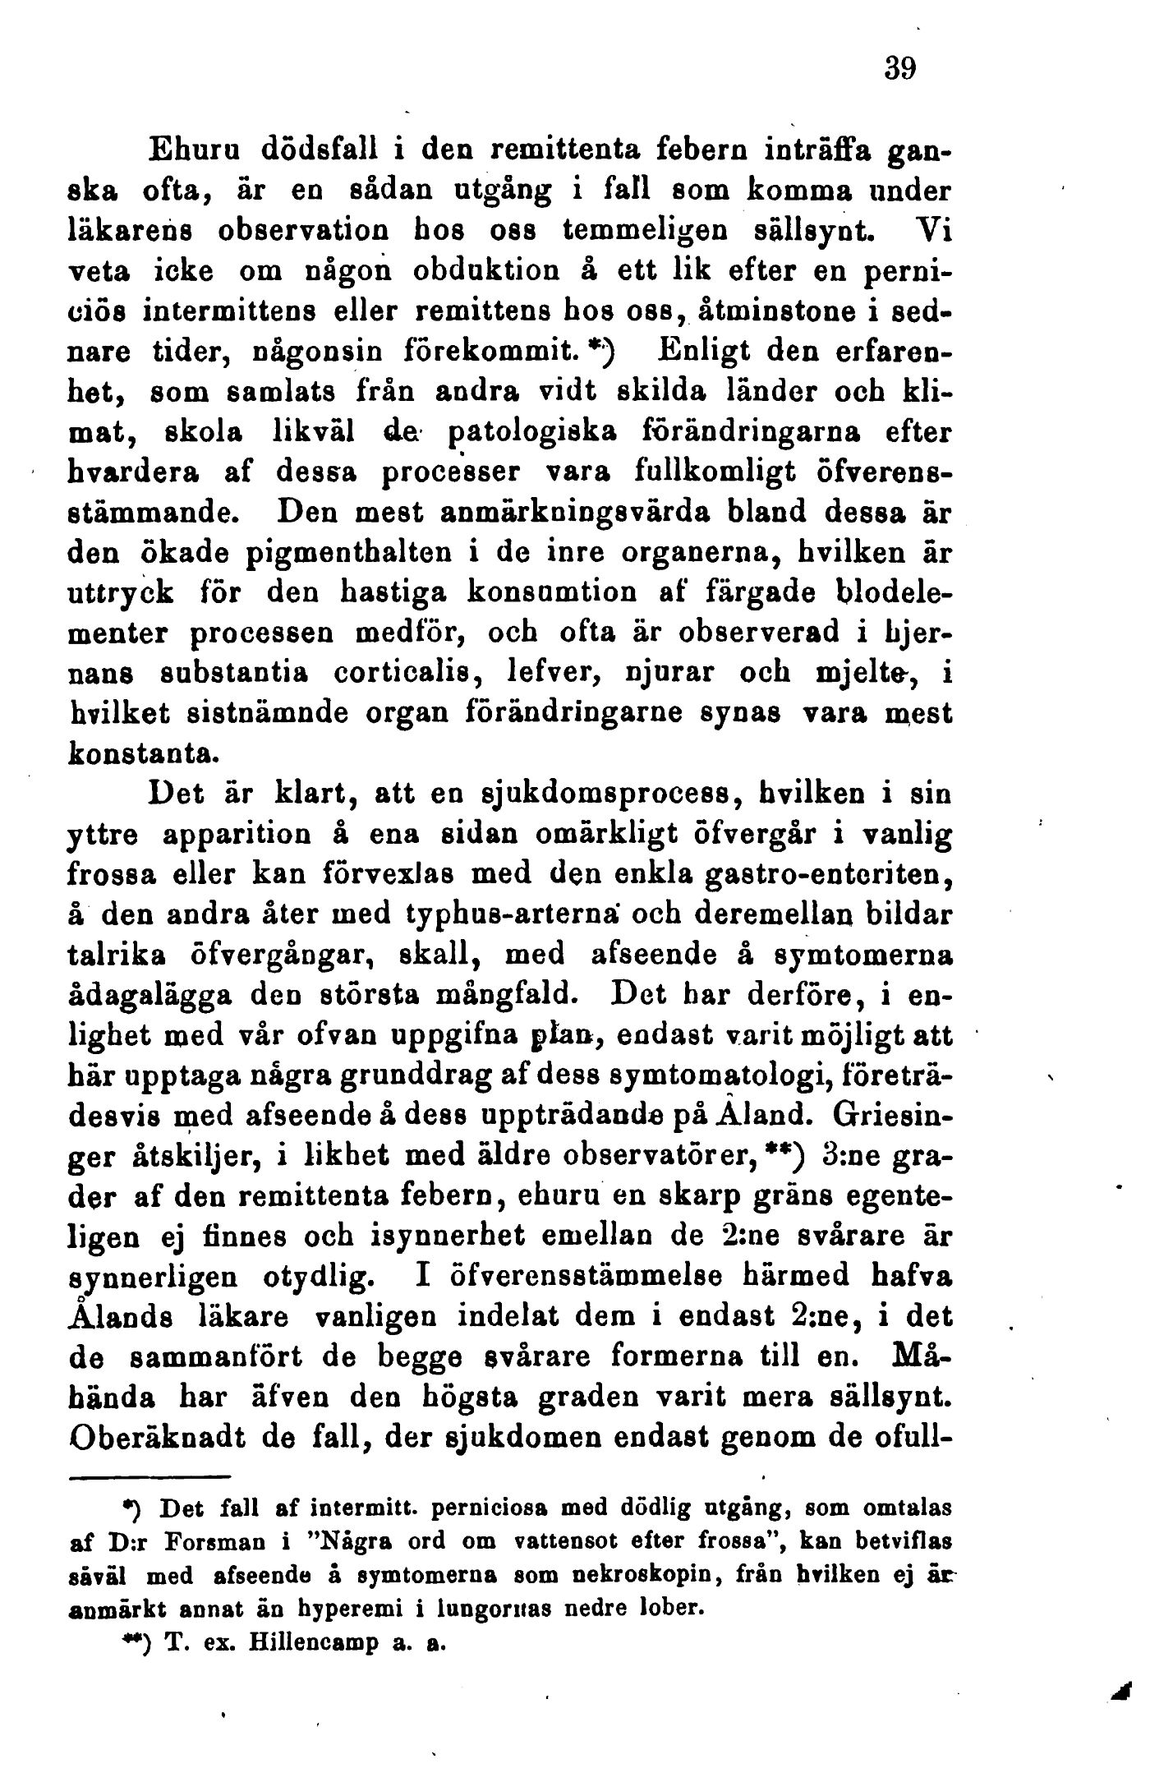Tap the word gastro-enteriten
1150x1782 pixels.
point(830,876)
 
